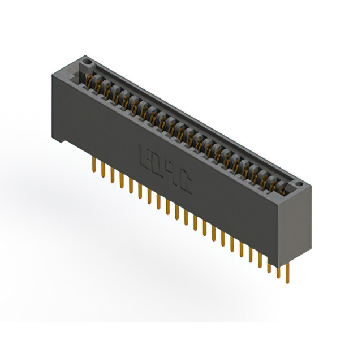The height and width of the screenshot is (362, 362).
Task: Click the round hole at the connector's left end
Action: pos(86,59)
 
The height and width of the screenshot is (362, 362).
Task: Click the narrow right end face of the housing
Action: pos(297,226)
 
